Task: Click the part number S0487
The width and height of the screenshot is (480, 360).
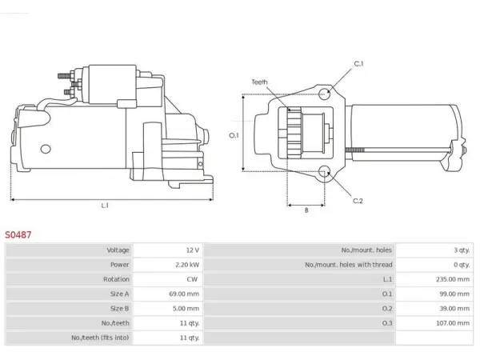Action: [18, 234]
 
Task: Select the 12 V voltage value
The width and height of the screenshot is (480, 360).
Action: [193, 250]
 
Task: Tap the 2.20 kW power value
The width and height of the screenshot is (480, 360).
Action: [187, 265]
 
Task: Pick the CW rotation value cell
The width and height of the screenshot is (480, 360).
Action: [192, 279]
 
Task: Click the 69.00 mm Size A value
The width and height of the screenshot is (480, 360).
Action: [184, 294]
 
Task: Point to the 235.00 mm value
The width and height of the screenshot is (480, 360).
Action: [453, 279]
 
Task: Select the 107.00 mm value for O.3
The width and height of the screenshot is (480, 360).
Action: [453, 323]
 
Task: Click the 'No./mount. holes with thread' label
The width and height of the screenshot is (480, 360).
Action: [348, 265]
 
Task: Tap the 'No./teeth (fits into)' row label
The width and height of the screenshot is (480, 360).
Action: [100, 338]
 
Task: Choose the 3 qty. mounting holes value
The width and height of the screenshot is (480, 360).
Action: [462, 250]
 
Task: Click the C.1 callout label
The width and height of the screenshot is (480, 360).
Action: [358, 64]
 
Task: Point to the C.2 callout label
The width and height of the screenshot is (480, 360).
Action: [358, 201]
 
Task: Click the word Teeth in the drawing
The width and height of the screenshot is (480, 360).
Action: [259, 82]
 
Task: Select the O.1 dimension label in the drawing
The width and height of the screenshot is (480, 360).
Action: [234, 135]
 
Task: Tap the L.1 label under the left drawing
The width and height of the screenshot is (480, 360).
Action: [105, 206]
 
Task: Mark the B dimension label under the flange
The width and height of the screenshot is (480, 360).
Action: [306, 210]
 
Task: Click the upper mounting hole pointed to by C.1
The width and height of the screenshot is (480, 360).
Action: [325, 94]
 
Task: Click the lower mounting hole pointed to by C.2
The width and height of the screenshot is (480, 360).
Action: [325, 172]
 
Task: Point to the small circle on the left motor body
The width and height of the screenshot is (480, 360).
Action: [46, 149]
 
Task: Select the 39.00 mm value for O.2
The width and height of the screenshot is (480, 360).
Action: [454, 308]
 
